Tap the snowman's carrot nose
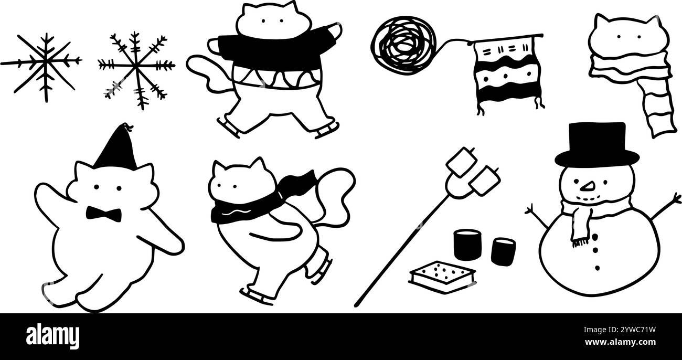588,186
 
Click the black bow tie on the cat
103,214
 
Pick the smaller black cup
503,252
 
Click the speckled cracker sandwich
442,277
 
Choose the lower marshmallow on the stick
485,181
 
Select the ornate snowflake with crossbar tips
136,69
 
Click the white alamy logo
52,336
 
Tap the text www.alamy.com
620,342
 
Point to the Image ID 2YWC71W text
620,330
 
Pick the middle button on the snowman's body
595,250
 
